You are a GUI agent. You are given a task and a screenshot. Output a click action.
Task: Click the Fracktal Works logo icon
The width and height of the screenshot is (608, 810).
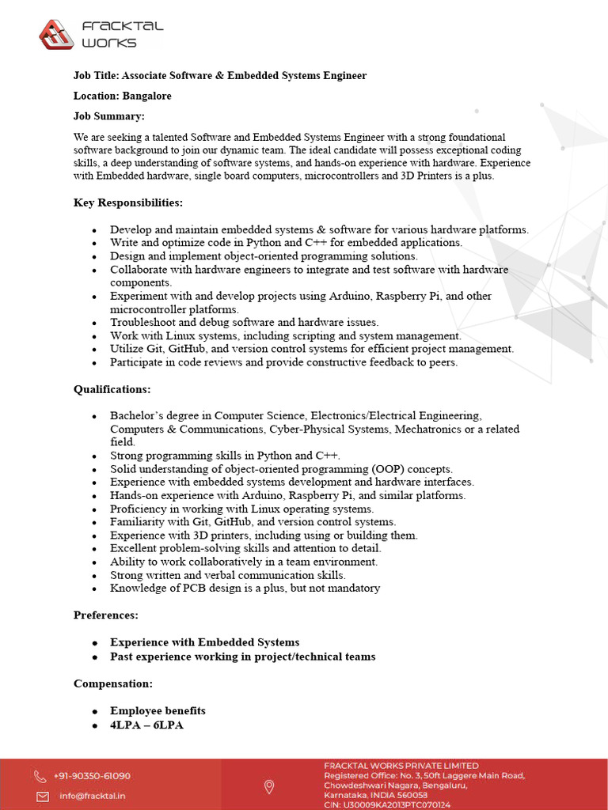tap(57, 34)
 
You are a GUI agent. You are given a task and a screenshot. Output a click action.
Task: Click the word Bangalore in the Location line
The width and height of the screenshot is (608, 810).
tap(146, 96)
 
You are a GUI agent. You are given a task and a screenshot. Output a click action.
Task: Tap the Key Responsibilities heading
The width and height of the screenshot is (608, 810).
tap(128, 202)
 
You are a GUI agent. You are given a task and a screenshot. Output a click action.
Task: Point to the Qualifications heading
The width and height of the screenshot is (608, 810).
tap(112, 389)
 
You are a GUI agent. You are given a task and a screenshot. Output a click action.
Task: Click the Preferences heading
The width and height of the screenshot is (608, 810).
tap(106, 615)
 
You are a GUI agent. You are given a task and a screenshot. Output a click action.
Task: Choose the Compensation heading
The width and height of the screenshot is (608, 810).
tap(113, 683)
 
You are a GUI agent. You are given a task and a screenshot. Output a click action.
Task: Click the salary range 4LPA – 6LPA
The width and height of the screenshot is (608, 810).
tap(146, 724)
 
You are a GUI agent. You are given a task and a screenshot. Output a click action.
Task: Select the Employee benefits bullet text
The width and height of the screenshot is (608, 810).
tap(158, 710)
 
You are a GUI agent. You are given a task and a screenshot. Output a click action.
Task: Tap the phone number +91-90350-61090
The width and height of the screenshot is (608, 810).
tap(92, 776)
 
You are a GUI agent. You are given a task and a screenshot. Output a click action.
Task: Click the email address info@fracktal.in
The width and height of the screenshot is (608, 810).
tap(92, 796)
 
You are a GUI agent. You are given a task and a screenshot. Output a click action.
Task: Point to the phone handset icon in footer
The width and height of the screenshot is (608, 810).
tap(40, 777)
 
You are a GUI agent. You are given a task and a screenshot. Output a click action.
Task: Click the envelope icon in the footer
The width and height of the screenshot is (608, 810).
tap(40, 796)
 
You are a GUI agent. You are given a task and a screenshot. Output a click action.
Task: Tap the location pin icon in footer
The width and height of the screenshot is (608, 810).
tap(269, 786)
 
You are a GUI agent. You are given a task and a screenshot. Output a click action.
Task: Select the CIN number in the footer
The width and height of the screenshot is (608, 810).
tap(387, 804)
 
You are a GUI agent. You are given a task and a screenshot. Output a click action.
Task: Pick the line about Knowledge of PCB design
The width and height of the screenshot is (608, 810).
tap(245, 588)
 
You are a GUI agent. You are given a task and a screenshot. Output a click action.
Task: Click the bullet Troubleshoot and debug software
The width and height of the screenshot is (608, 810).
tap(245, 322)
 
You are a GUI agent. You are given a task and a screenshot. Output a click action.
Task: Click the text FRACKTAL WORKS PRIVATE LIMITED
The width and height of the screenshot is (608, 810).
tap(401, 766)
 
